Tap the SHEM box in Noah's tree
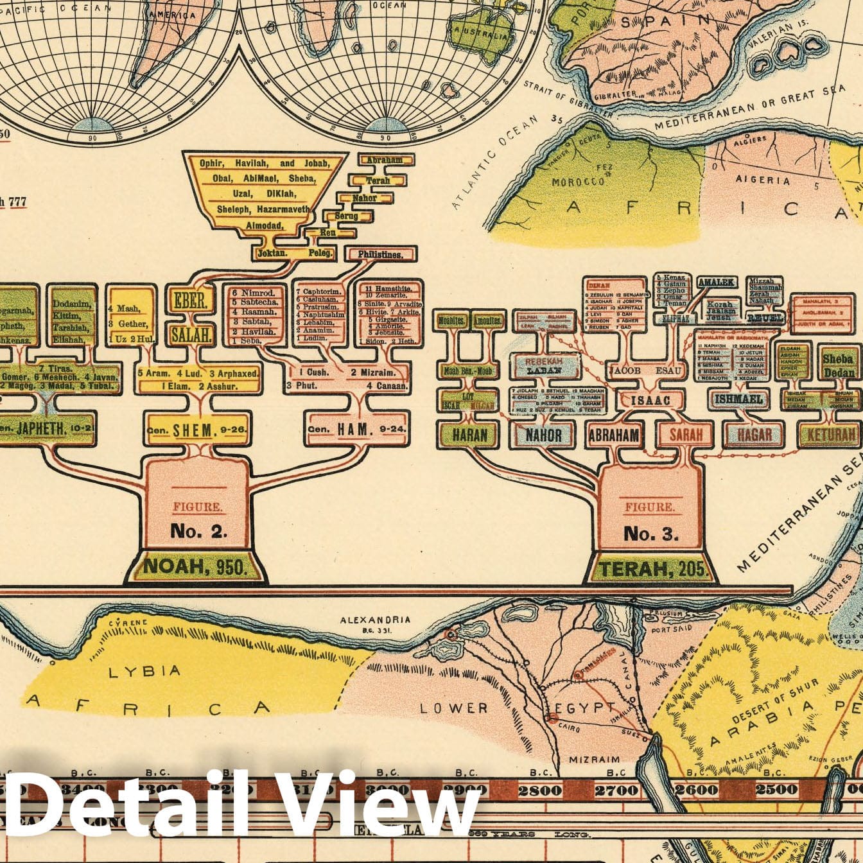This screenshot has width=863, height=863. [x=196, y=431]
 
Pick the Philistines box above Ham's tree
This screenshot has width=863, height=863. [x=381, y=254]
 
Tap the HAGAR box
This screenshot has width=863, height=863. [x=754, y=435]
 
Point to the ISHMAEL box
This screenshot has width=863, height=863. [x=738, y=399]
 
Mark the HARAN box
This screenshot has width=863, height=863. [x=469, y=435]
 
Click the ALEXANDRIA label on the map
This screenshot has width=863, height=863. [x=375, y=620]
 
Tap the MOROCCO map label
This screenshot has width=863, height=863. [x=578, y=182]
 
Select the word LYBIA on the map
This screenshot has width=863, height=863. [x=135, y=672]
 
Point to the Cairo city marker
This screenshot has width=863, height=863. [x=552, y=718]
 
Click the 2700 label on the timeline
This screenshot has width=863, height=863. [x=615, y=790]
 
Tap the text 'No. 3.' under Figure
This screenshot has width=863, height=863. [x=650, y=534]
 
